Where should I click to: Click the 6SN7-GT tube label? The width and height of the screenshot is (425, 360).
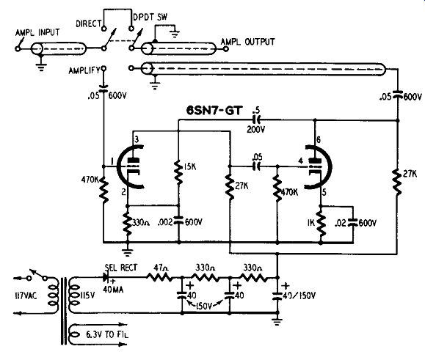(214, 111)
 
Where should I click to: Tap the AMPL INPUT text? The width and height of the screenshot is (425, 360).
(37, 32)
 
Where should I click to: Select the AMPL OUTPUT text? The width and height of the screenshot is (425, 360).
(248, 42)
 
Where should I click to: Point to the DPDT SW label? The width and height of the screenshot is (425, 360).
(150, 18)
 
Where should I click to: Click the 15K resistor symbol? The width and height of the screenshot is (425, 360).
(178, 173)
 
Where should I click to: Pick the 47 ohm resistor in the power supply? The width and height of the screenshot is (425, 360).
(159, 277)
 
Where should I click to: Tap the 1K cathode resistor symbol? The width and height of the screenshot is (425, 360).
(321, 222)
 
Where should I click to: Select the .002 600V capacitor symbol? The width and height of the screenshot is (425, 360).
(178, 221)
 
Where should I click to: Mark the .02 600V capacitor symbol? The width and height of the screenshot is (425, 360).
(353, 222)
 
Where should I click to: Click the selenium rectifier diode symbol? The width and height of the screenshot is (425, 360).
(106, 277)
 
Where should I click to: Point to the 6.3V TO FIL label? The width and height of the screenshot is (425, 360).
(107, 334)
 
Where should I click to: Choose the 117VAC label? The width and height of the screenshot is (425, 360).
(26, 295)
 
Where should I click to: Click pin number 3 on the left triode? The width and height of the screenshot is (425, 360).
(137, 139)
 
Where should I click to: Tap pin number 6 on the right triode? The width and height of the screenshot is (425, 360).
(319, 139)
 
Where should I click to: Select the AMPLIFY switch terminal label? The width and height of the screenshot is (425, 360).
(84, 70)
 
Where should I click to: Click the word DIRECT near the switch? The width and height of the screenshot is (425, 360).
(88, 23)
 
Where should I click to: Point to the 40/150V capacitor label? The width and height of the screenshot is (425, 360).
(299, 295)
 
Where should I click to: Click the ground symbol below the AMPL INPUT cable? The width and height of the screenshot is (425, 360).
(41, 66)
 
